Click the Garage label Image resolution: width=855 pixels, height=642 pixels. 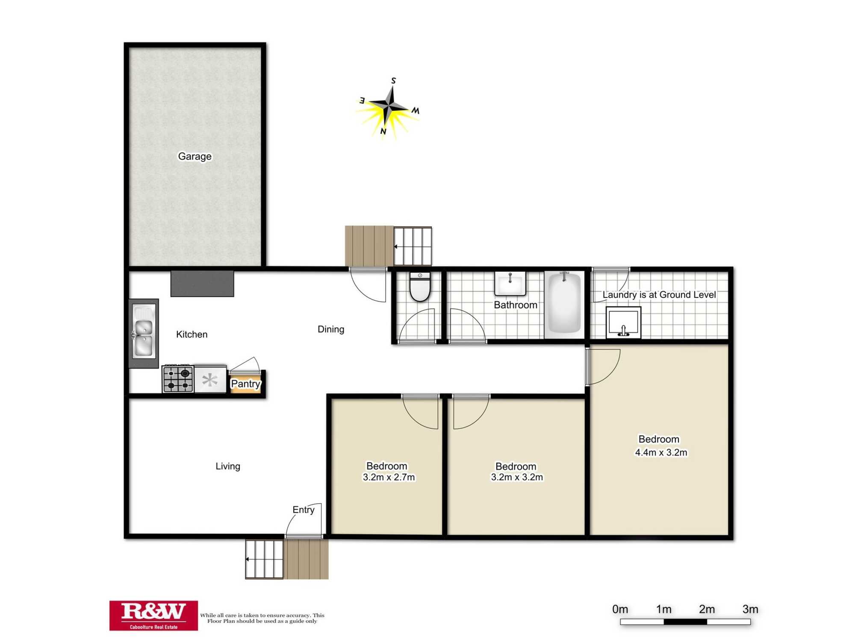(x=195, y=157)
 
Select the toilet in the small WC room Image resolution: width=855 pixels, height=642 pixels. (x=420, y=287)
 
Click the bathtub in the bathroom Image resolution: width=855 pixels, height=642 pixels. (x=564, y=303)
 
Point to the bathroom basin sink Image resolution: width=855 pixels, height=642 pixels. (x=510, y=284)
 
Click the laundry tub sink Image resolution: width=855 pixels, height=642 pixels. (x=623, y=322)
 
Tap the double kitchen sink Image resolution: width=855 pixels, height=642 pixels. (x=143, y=332)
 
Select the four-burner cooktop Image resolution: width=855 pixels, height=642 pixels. (x=178, y=379)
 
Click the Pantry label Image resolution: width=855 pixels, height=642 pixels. (x=245, y=384)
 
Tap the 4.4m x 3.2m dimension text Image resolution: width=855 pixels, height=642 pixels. (x=661, y=453)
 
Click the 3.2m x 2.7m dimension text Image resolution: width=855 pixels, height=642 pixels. (x=389, y=478)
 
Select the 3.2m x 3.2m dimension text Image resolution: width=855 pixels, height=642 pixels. (x=517, y=478)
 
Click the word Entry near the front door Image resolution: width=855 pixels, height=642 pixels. (x=303, y=510)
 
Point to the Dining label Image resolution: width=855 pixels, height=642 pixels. (x=331, y=330)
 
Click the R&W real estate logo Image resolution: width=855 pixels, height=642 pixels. (x=153, y=615)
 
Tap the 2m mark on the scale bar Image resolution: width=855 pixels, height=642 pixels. (x=707, y=609)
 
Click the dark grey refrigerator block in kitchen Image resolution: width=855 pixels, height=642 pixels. (x=202, y=283)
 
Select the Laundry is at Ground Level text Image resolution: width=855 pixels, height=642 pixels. (x=659, y=295)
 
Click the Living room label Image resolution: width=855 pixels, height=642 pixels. (x=228, y=467)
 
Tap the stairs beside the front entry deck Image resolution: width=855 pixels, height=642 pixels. (x=264, y=559)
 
